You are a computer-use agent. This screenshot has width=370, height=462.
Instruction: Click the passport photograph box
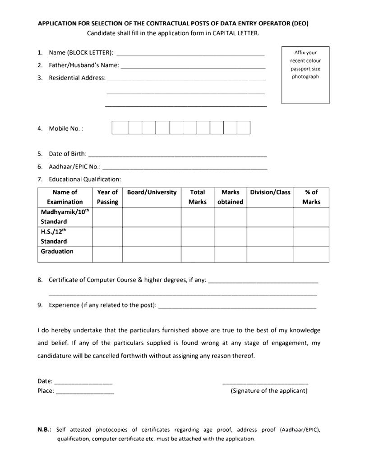point(305,75)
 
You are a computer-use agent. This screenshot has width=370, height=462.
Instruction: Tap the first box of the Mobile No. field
point(120,128)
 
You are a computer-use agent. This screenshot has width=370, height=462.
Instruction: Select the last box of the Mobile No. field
point(244,128)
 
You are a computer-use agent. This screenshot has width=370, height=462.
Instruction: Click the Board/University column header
point(152,193)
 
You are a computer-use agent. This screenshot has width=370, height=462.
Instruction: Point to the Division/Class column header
point(270,193)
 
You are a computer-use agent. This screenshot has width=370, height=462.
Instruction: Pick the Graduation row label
point(57,252)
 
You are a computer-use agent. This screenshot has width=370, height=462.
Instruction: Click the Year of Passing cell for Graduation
point(107,254)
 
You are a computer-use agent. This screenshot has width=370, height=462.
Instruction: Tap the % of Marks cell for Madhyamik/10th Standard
point(311,217)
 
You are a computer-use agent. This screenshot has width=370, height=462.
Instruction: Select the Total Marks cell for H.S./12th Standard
point(197,236)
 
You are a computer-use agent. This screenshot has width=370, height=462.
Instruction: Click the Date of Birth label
point(68,154)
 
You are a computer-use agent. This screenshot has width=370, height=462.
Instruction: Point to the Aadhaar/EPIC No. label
point(74,166)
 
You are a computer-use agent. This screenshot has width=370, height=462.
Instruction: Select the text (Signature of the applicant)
point(269,391)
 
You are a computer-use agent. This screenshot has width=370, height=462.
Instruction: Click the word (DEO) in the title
point(300,23)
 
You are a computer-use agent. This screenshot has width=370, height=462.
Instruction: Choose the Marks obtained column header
point(230,197)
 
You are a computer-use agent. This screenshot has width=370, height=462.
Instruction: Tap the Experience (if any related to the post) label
point(102,305)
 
